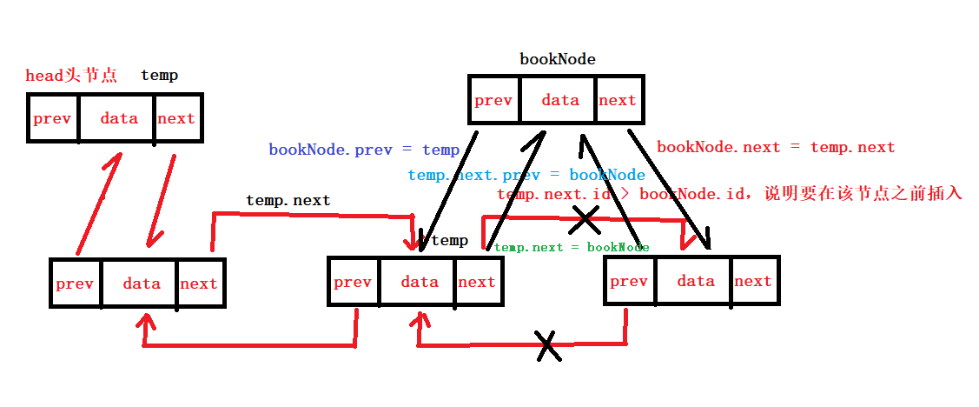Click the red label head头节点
(71, 76)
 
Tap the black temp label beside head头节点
(159, 76)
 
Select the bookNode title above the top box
(558, 59)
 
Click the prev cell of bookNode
(493, 101)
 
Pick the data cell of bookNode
(559, 101)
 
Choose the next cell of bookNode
(618, 101)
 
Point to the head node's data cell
(119, 118)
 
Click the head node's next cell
(176, 118)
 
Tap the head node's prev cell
(52, 118)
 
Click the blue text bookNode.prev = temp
(364, 150)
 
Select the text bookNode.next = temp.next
(776, 148)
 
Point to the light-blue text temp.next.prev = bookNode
(526, 175)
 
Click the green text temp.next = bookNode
(572, 247)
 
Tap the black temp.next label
(288, 200)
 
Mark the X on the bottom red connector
(547, 345)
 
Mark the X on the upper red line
(585, 220)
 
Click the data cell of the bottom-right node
(696, 281)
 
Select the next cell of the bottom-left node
(199, 284)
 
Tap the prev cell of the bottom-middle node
(353, 282)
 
